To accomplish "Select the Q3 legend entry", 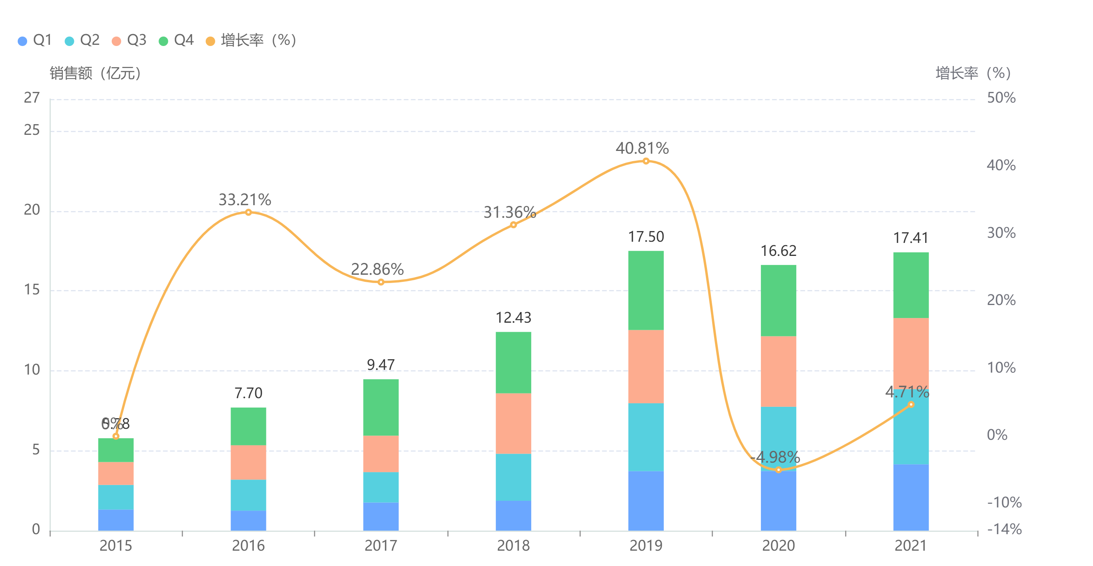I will tap(129, 40).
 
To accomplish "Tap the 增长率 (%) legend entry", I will tap(251, 40).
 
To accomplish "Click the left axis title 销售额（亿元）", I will tap(95, 73).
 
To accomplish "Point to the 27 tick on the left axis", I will tap(32, 98).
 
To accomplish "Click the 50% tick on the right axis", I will tap(1001, 98).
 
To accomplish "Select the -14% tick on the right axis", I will tap(1004, 529).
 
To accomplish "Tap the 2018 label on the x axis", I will tap(513, 546).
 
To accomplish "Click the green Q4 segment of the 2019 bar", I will tap(646, 290).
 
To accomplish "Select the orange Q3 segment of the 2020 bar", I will tap(778, 371).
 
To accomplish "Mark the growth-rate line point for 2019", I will tap(646, 161).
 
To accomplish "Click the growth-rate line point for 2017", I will tap(380, 282).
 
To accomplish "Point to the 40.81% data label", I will tap(642, 149).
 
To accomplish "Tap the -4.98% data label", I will tap(775, 457).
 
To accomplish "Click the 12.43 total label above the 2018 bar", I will tap(513, 318).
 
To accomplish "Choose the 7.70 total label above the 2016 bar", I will tap(248, 393).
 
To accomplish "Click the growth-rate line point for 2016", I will tap(248, 212).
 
